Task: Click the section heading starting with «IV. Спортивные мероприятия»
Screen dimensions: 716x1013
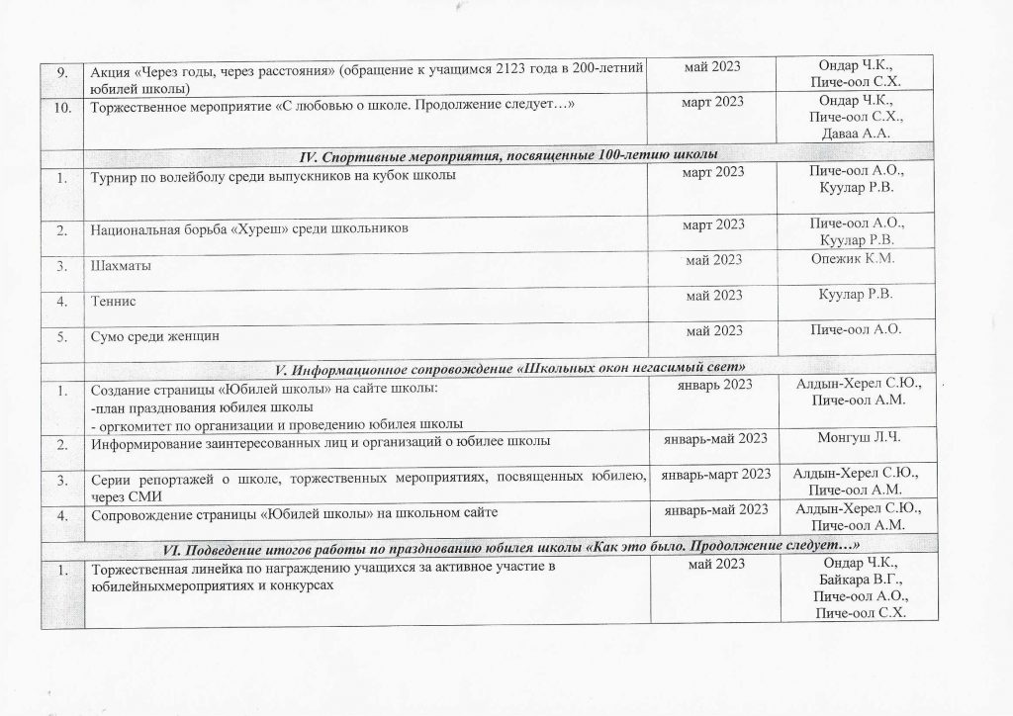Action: pyautogui.click(x=507, y=154)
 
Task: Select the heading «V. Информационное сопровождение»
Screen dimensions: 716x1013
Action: pyautogui.click(x=507, y=370)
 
